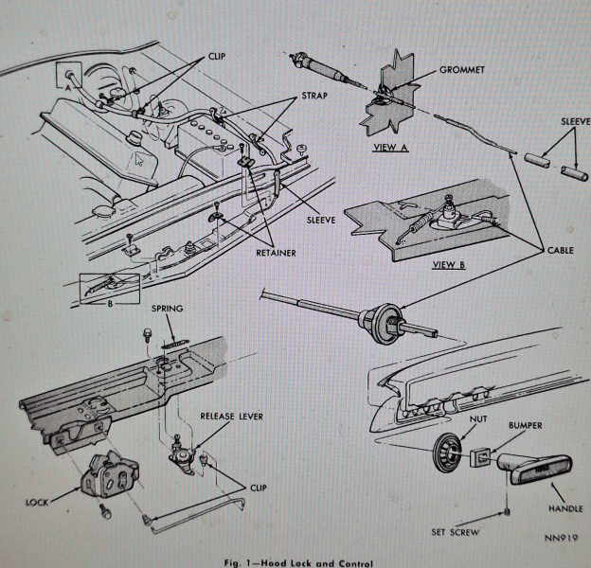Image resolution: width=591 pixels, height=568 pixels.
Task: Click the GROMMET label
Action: pos(462,70)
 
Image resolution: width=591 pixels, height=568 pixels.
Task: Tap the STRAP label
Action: pos(314,96)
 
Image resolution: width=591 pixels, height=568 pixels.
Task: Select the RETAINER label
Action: pos(276,253)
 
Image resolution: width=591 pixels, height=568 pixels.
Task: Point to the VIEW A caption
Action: pos(390,148)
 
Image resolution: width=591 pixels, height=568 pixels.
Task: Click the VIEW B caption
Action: pos(449,264)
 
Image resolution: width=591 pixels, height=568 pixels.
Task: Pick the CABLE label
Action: pos(561,251)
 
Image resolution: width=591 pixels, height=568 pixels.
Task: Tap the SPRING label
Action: pos(167,309)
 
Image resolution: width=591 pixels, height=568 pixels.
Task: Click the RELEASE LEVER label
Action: pos(231,417)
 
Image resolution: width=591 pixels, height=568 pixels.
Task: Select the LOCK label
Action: pos(37,503)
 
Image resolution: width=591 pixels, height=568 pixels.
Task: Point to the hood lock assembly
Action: pos(110,473)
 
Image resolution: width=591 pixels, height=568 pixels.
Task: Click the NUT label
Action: pos(478,418)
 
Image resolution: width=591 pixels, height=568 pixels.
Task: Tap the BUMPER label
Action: pos(525,425)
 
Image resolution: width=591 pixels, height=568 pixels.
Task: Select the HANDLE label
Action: pos(565,508)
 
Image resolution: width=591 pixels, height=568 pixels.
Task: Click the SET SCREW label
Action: pos(456,532)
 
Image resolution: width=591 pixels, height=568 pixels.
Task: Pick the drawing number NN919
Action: pos(561,537)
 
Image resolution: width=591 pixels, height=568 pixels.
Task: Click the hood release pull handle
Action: pos(535,469)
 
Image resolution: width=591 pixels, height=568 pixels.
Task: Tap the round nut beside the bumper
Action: pos(447,452)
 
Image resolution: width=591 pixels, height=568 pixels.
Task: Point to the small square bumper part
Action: pos(480,457)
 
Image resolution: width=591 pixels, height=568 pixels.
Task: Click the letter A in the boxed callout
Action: pos(68,88)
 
